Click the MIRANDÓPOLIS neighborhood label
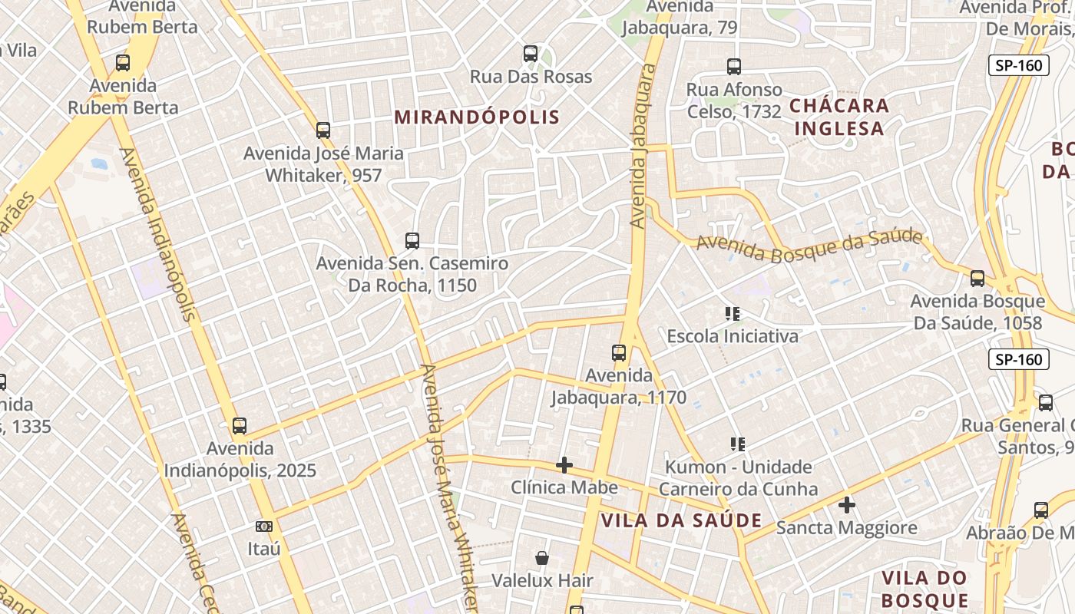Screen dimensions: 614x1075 [x=477, y=117]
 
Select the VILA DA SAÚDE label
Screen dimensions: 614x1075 [x=681, y=520]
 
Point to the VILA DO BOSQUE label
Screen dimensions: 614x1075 [x=925, y=589]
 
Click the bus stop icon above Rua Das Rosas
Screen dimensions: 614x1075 [x=531, y=54]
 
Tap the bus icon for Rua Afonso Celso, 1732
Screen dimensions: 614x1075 [x=734, y=67]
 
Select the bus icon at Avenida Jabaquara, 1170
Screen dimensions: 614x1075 [x=619, y=353]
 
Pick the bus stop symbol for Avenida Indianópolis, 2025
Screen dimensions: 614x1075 [x=240, y=425]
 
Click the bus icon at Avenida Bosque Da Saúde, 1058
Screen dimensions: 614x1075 [x=977, y=279]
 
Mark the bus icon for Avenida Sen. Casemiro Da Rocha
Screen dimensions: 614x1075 [x=412, y=241]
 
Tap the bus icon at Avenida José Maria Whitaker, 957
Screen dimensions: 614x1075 [x=323, y=130]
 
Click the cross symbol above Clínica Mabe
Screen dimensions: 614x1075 [x=564, y=465]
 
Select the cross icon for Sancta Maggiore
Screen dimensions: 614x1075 [x=847, y=505]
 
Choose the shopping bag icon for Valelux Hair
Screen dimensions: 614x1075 [x=542, y=558]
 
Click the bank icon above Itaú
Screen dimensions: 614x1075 [x=264, y=527]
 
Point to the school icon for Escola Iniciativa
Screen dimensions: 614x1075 [x=733, y=313]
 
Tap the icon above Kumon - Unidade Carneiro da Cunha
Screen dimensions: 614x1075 [x=738, y=444]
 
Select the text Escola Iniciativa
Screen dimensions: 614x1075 [x=733, y=336]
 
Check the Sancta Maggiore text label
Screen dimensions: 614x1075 [x=847, y=528]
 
